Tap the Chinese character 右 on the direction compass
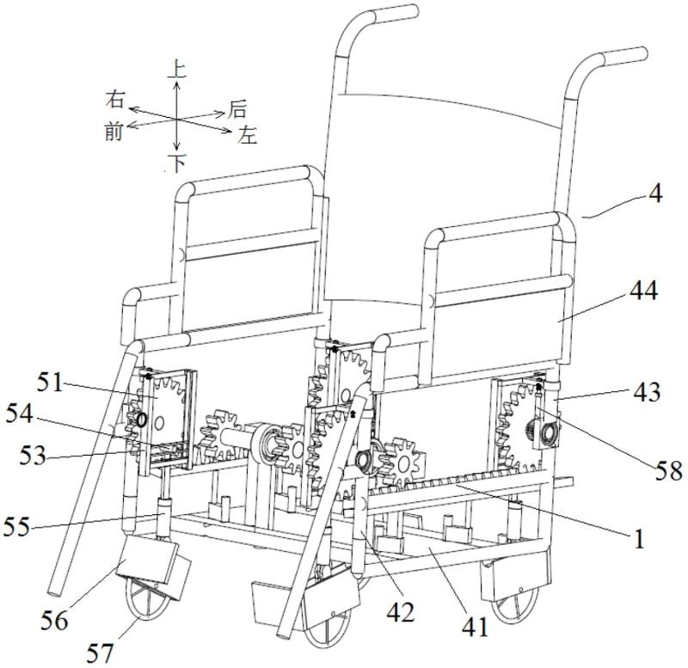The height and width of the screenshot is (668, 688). [x=114, y=97]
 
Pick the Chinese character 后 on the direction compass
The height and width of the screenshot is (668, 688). [x=237, y=108]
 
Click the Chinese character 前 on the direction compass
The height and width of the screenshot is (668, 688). [x=113, y=130]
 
